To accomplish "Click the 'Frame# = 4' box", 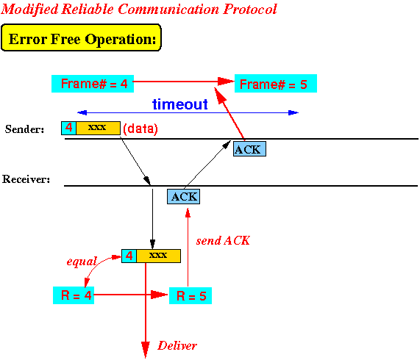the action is coord(93,84).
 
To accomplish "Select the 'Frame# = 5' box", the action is coord(276,84).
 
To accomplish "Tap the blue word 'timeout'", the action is coord(180,104).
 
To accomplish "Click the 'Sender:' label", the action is coord(24,129).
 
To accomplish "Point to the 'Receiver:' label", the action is coord(26,179).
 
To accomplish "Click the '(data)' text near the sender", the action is coord(140,129).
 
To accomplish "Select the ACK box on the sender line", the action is coord(249,148).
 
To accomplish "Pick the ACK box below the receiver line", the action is coord(183,197).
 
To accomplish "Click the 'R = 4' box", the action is coord(74,295).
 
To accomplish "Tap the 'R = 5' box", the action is coord(191,295).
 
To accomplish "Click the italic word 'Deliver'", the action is coord(177,345).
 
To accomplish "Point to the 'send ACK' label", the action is coord(223,240).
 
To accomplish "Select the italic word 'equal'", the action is coord(82,262).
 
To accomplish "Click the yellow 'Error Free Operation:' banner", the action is coord(81,37).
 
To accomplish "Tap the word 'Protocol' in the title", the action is coord(250,9).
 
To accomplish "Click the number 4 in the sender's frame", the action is coord(69,128).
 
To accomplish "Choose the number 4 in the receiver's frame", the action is coord(129,256).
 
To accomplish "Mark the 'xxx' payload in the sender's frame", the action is coord(97,127).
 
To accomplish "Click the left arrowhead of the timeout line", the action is coord(82,112).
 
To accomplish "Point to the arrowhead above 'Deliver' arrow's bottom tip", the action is coord(146,349).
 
